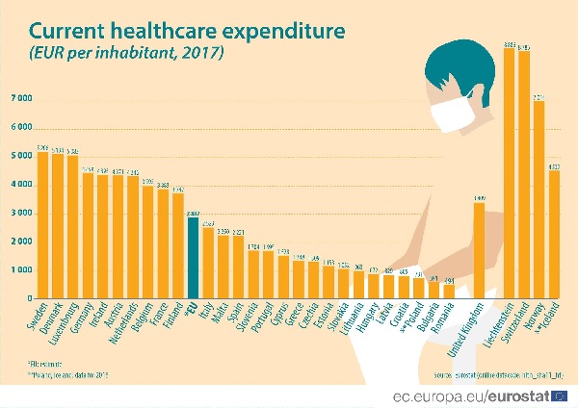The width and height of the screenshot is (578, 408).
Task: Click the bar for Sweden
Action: click(x=42, y=225)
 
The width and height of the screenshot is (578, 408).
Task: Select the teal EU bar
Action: click(x=193, y=258)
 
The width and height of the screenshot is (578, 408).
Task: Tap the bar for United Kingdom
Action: click(x=479, y=250)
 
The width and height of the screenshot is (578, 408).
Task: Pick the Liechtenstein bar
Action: click(x=510, y=173)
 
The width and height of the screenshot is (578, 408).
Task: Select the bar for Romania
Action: click(x=449, y=291)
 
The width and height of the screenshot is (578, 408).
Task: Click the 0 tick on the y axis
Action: click(x=30, y=298)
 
